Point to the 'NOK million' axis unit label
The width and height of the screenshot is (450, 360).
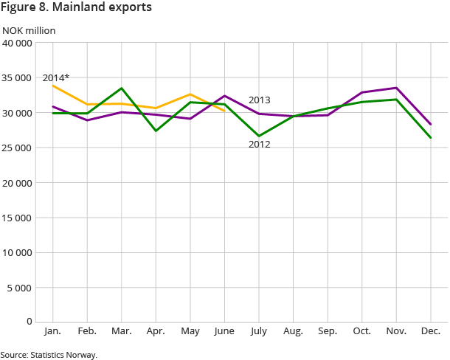tap(29, 30)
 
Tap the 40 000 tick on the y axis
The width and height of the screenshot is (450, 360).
tap(17, 43)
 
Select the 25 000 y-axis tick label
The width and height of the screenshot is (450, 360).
tap(17, 148)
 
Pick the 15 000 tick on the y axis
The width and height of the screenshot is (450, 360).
tap(17, 218)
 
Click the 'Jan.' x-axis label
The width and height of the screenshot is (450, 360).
tap(53, 331)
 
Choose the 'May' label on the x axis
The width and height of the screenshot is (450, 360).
tap(190, 331)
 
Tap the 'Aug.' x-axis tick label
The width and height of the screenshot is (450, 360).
tap(294, 331)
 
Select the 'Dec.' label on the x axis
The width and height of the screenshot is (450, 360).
tap(431, 331)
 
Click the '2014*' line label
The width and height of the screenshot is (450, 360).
tap(57, 77)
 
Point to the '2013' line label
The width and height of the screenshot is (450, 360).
tap(259, 100)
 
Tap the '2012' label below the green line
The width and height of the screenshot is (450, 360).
tap(259, 145)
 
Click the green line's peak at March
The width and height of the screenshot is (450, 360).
tap(122, 88)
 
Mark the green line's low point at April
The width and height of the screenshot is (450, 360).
tap(156, 131)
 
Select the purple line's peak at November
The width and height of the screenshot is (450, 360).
tap(397, 88)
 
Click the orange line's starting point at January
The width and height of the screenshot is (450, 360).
tap(53, 86)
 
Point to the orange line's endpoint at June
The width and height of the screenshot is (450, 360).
tap(225, 111)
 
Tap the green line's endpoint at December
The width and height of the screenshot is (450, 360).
tap(431, 138)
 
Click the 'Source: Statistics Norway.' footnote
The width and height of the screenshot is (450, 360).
tap(49, 354)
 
